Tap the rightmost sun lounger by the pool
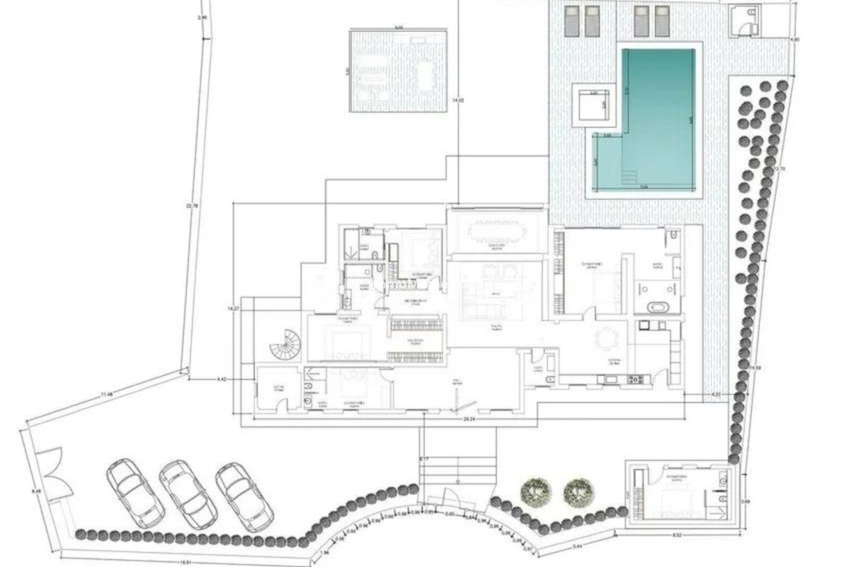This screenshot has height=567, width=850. (x=662, y=21)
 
